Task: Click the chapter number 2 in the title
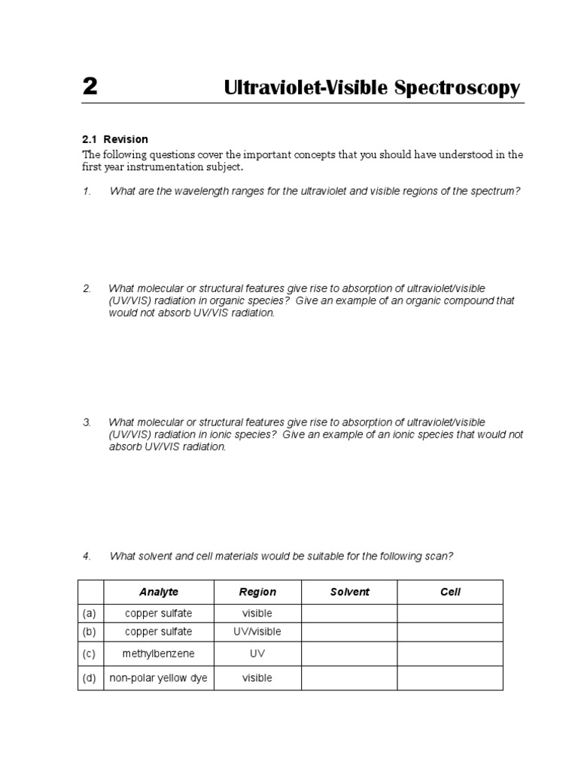90,87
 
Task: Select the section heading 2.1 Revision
115,139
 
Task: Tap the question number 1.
87,191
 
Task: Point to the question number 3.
87,422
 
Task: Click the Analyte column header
158,592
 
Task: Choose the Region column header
257,592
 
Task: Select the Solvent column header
349,592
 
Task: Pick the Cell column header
450,592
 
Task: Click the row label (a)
90,614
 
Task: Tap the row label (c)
90,654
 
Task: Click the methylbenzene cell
158,654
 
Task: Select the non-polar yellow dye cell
158,678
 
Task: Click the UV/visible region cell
257,632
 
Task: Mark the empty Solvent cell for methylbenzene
349,654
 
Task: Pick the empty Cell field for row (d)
450,678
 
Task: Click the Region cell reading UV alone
257,654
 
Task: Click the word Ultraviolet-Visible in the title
306,88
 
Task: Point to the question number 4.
87,556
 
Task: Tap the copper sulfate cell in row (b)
158,632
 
